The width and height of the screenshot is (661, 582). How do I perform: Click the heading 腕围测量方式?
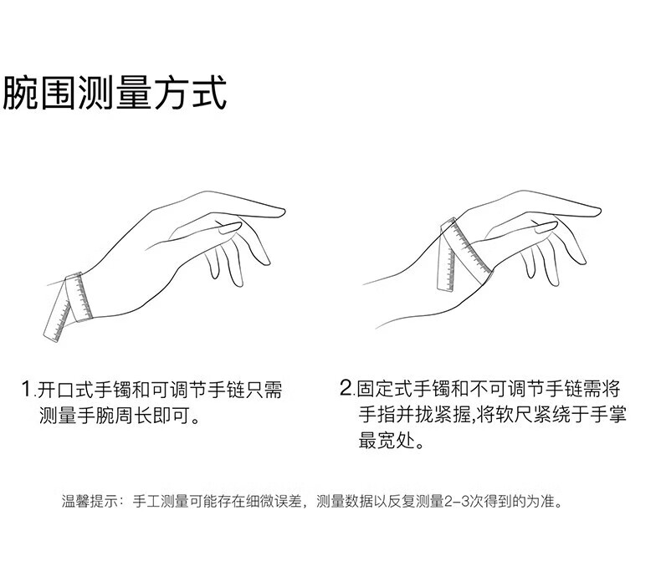coord(115,93)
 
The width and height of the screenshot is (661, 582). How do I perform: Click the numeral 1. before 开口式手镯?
coord(28,389)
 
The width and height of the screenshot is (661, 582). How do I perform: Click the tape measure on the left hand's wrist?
coord(79,296)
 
